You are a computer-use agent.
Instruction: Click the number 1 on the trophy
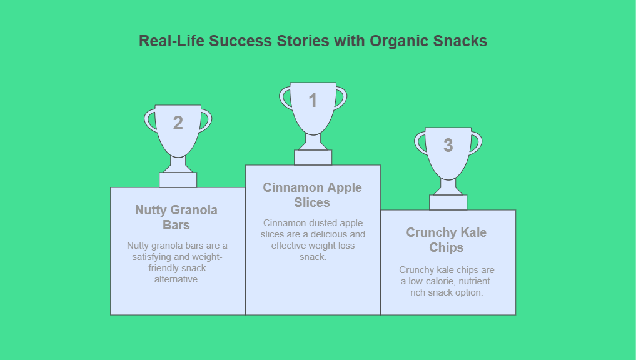pos(313,100)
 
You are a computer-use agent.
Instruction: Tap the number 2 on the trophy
pos(178,123)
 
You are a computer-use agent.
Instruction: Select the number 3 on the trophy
pos(448,145)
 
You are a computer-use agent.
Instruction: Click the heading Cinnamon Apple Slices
pos(312,195)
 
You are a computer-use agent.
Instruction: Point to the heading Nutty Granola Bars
pos(176,217)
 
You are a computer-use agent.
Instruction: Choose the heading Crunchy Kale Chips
pos(446,240)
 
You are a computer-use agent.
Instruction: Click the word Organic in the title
pos(399,41)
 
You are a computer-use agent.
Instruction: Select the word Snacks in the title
pos(460,41)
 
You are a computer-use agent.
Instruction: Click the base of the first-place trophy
pos(313,157)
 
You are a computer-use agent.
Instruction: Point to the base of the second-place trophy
pos(178,180)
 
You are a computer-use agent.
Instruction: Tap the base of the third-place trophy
pos(448,202)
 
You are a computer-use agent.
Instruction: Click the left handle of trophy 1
pos(285,99)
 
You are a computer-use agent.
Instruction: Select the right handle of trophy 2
pos(206,121)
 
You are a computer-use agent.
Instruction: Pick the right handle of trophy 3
pos(477,143)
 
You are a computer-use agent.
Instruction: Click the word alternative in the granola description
pos(177,279)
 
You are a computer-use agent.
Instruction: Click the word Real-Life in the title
pos(171,41)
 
